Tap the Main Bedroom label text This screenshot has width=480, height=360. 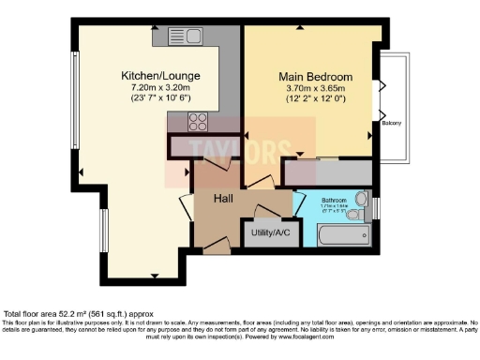[314, 76]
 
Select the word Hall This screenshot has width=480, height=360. [223, 199]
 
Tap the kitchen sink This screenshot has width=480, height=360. [187, 37]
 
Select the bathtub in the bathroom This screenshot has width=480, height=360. [333, 233]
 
